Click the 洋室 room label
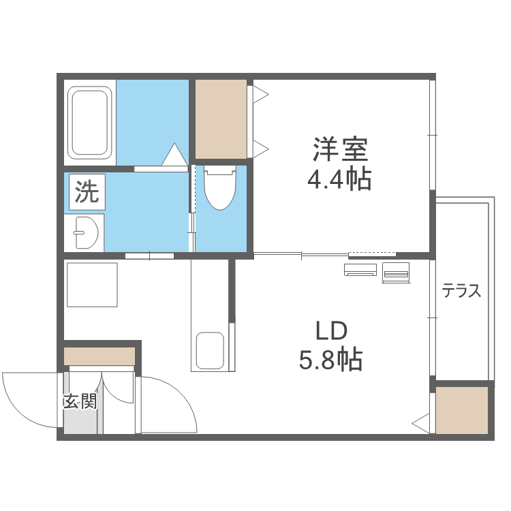pos(340,149)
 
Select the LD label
pos(331,331)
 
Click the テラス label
pos(462,292)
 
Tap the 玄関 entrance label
pos(80,401)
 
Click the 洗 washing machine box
pos(86,193)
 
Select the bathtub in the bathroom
pos(90,121)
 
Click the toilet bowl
pos(219,188)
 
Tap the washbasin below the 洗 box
pos(85,232)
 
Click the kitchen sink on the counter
pos(210,350)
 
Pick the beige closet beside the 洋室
pos(221,119)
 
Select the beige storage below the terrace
pos(462,409)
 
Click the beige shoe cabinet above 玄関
pos(99,356)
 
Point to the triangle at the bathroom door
pos(174,155)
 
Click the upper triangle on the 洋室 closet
pos(260,93)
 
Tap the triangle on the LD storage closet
pos(422,422)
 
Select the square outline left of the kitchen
pos(92,284)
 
